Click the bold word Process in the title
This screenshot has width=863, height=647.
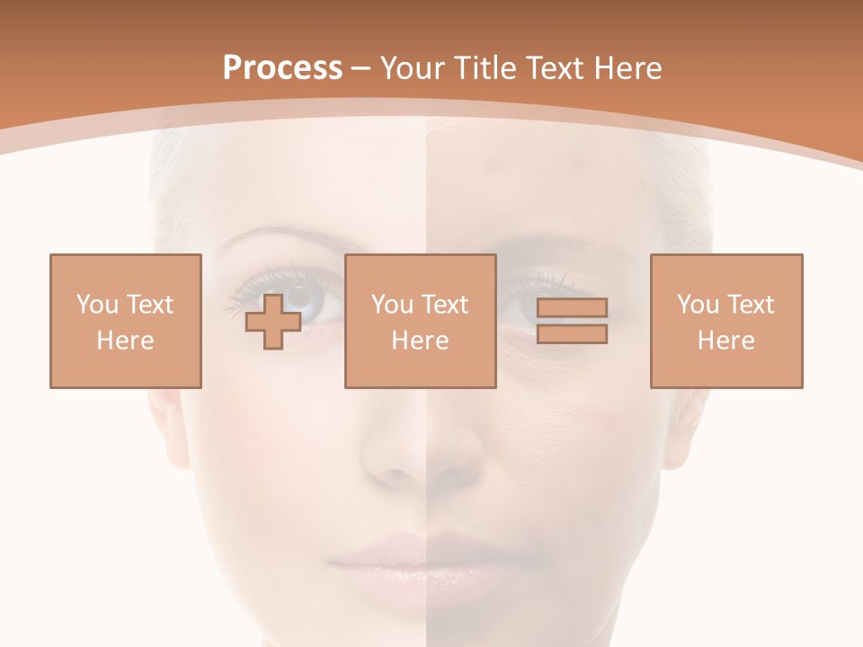282,68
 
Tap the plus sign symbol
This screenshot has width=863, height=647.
273,321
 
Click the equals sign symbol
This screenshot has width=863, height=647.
572,321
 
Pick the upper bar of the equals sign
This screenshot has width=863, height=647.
572,308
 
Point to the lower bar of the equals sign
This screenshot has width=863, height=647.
572,333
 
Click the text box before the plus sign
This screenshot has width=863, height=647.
126,321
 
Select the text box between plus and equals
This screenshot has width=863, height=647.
420,321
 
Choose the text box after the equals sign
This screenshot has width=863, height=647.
726,321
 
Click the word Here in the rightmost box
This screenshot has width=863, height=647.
726,341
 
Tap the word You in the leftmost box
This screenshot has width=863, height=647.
97,305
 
